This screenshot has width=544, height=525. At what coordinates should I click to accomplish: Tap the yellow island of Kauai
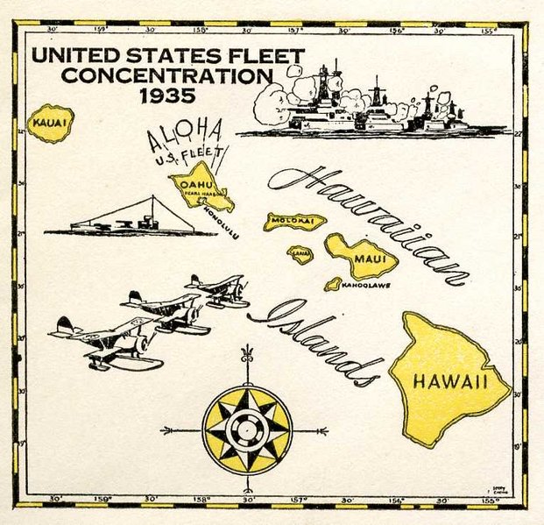coord(51,125)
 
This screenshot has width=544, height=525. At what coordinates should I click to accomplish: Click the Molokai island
coord(294,221)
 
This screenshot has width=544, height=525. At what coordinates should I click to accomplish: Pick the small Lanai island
coord(301,254)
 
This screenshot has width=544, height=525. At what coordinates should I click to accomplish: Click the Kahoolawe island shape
coord(333,284)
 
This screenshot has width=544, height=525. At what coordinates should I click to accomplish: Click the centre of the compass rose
coord(246,430)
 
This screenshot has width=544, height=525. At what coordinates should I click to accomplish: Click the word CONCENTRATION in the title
coord(166,75)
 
